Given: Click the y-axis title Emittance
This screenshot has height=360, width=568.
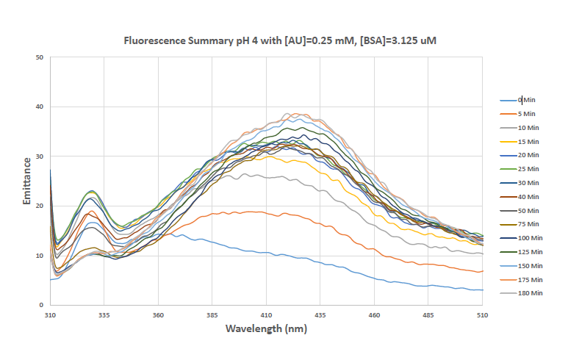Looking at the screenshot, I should click(26, 181).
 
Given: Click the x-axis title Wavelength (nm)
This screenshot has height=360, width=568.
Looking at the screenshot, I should click(265, 328).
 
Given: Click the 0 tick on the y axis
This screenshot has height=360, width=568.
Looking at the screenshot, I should click(41, 304).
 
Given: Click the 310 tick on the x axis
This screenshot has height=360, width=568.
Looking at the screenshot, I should click(50, 314).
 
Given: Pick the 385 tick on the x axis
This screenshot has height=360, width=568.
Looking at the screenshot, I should click(212, 314).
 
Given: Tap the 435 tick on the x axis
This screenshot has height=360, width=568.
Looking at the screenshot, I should click(320, 314).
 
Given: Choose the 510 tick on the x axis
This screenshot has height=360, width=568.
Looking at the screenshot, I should click(483, 314).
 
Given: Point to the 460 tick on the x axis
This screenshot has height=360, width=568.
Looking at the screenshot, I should click(375, 314).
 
